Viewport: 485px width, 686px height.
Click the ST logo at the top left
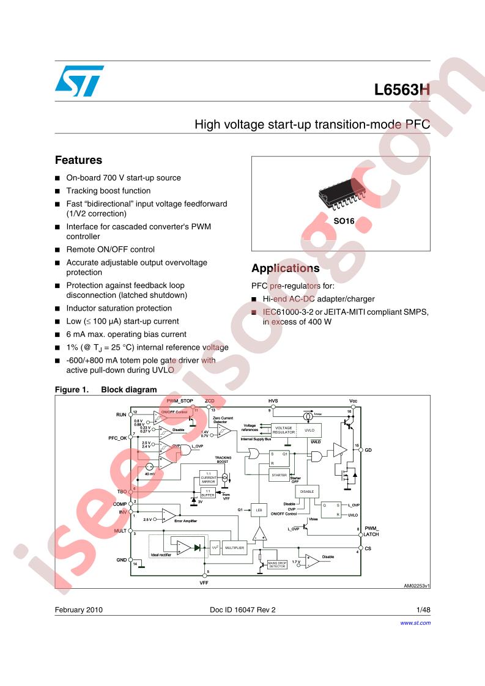pyautogui.click(x=79, y=81)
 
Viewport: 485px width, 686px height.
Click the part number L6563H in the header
pyautogui.click(x=402, y=90)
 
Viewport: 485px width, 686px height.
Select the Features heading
pyautogui.click(x=78, y=160)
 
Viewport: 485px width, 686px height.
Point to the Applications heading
pyautogui.click(x=285, y=268)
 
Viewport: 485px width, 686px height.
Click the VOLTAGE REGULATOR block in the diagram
pyautogui.click(x=284, y=430)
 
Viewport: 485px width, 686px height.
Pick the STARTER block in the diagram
pyautogui.click(x=279, y=475)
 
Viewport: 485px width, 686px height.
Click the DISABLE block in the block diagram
pyautogui.click(x=306, y=491)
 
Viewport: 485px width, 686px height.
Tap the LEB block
pyautogui.click(x=259, y=509)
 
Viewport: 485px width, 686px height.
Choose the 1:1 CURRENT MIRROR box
pyautogui.click(x=209, y=479)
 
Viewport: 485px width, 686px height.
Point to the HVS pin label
pyautogui.click(x=273, y=401)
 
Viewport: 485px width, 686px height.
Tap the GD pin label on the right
pyautogui.click(x=368, y=450)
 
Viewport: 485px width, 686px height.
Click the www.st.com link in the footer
pyautogui.click(x=415, y=623)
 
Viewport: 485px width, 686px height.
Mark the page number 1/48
pyautogui.click(x=423, y=610)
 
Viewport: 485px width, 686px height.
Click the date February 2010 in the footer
pyautogui.click(x=79, y=610)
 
